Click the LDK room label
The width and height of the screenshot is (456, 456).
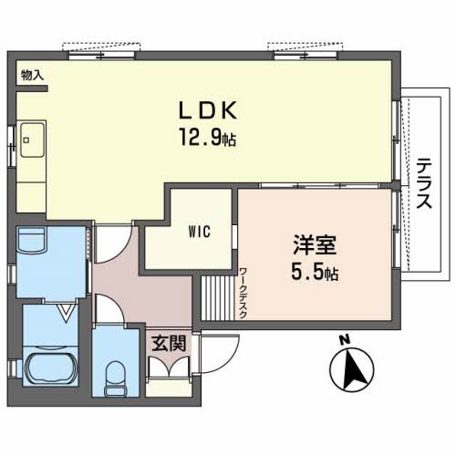[x=208, y=110]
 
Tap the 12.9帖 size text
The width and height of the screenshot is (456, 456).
[x=208, y=137]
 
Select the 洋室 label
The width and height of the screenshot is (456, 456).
[x=315, y=244]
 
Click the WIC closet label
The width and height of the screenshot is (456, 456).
[x=200, y=232]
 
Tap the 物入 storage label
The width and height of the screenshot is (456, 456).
[x=32, y=75]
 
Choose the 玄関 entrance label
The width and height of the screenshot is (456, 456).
[x=169, y=344]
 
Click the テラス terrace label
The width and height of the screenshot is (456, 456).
[x=424, y=183]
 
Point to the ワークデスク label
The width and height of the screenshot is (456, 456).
[x=243, y=293]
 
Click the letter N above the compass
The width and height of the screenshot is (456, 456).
[x=344, y=340]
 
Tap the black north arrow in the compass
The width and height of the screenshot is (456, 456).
[x=353, y=368]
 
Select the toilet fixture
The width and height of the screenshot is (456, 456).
[x=115, y=378]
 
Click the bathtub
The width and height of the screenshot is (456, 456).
[x=50, y=367]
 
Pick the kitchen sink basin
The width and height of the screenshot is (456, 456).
[x=33, y=140]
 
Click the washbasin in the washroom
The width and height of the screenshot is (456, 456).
[x=32, y=239]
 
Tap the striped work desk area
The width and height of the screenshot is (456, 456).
[x=218, y=298]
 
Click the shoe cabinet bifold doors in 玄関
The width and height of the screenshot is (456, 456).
[x=169, y=366]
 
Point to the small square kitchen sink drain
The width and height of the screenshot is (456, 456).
[x=26, y=140]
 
